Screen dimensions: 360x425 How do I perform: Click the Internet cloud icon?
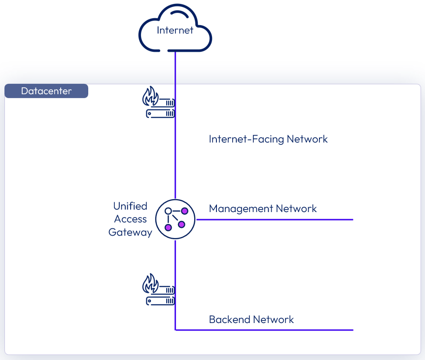pyautogui.click(x=175, y=30)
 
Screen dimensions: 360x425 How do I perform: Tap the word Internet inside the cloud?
pyautogui.click(x=175, y=31)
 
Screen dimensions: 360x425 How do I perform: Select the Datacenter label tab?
pyautogui.click(x=46, y=91)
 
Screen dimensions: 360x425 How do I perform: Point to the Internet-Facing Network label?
pyautogui.click(x=268, y=139)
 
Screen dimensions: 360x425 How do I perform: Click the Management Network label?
pyautogui.click(x=263, y=209)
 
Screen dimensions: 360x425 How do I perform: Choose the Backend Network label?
pyautogui.click(x=251, y=320)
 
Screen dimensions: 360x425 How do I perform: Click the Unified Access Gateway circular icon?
pyautogui.click(x=176, y=219)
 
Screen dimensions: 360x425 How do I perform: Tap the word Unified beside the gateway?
pyautogui.click(x=130, y=206)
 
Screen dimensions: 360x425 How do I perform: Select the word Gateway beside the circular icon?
pyautogui.click(x=130, y=232)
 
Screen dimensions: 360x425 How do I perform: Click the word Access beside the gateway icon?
pyautogui.click(x=131, y=219)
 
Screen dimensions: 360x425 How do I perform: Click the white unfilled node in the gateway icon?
pyautogui.click(x=168, y=211)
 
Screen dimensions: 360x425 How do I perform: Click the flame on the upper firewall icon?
pyautogui.click(x=150, y=97)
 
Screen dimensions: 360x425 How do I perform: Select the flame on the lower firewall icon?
pyautogui.click(x=150, y=284)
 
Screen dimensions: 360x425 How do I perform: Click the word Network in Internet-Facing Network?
pyautogui.click(x=308, y=139)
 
